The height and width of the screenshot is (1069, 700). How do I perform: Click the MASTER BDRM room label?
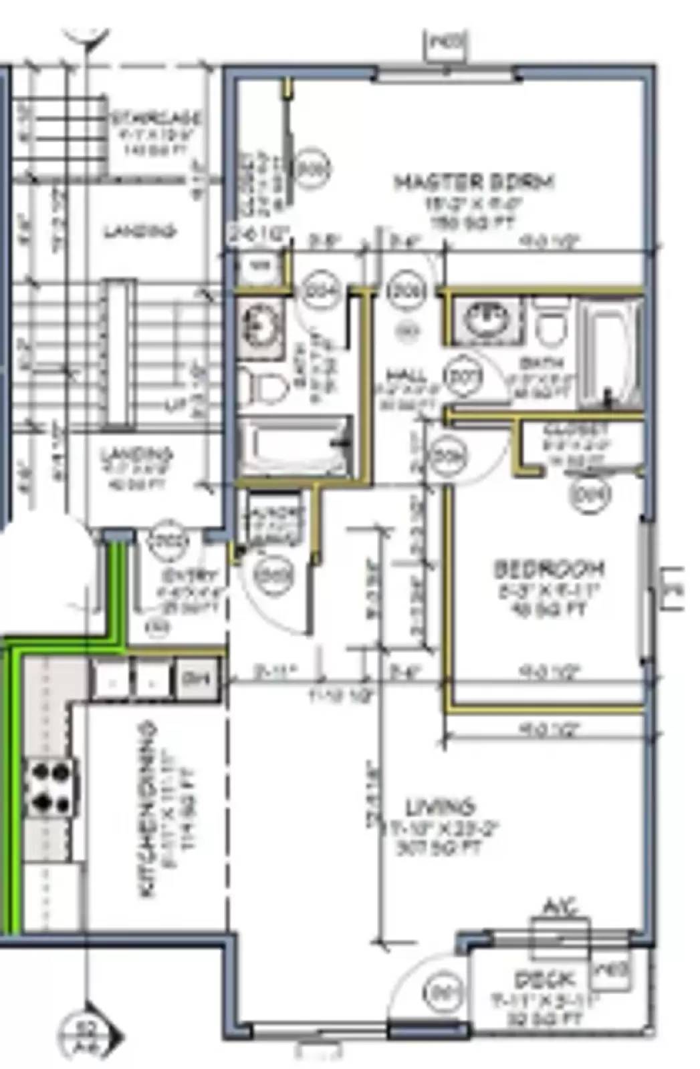473,182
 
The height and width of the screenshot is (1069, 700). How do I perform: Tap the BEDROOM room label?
548,569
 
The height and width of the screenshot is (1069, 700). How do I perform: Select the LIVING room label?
441,806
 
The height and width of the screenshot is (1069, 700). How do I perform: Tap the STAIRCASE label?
156,118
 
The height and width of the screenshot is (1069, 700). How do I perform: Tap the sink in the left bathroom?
260,323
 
